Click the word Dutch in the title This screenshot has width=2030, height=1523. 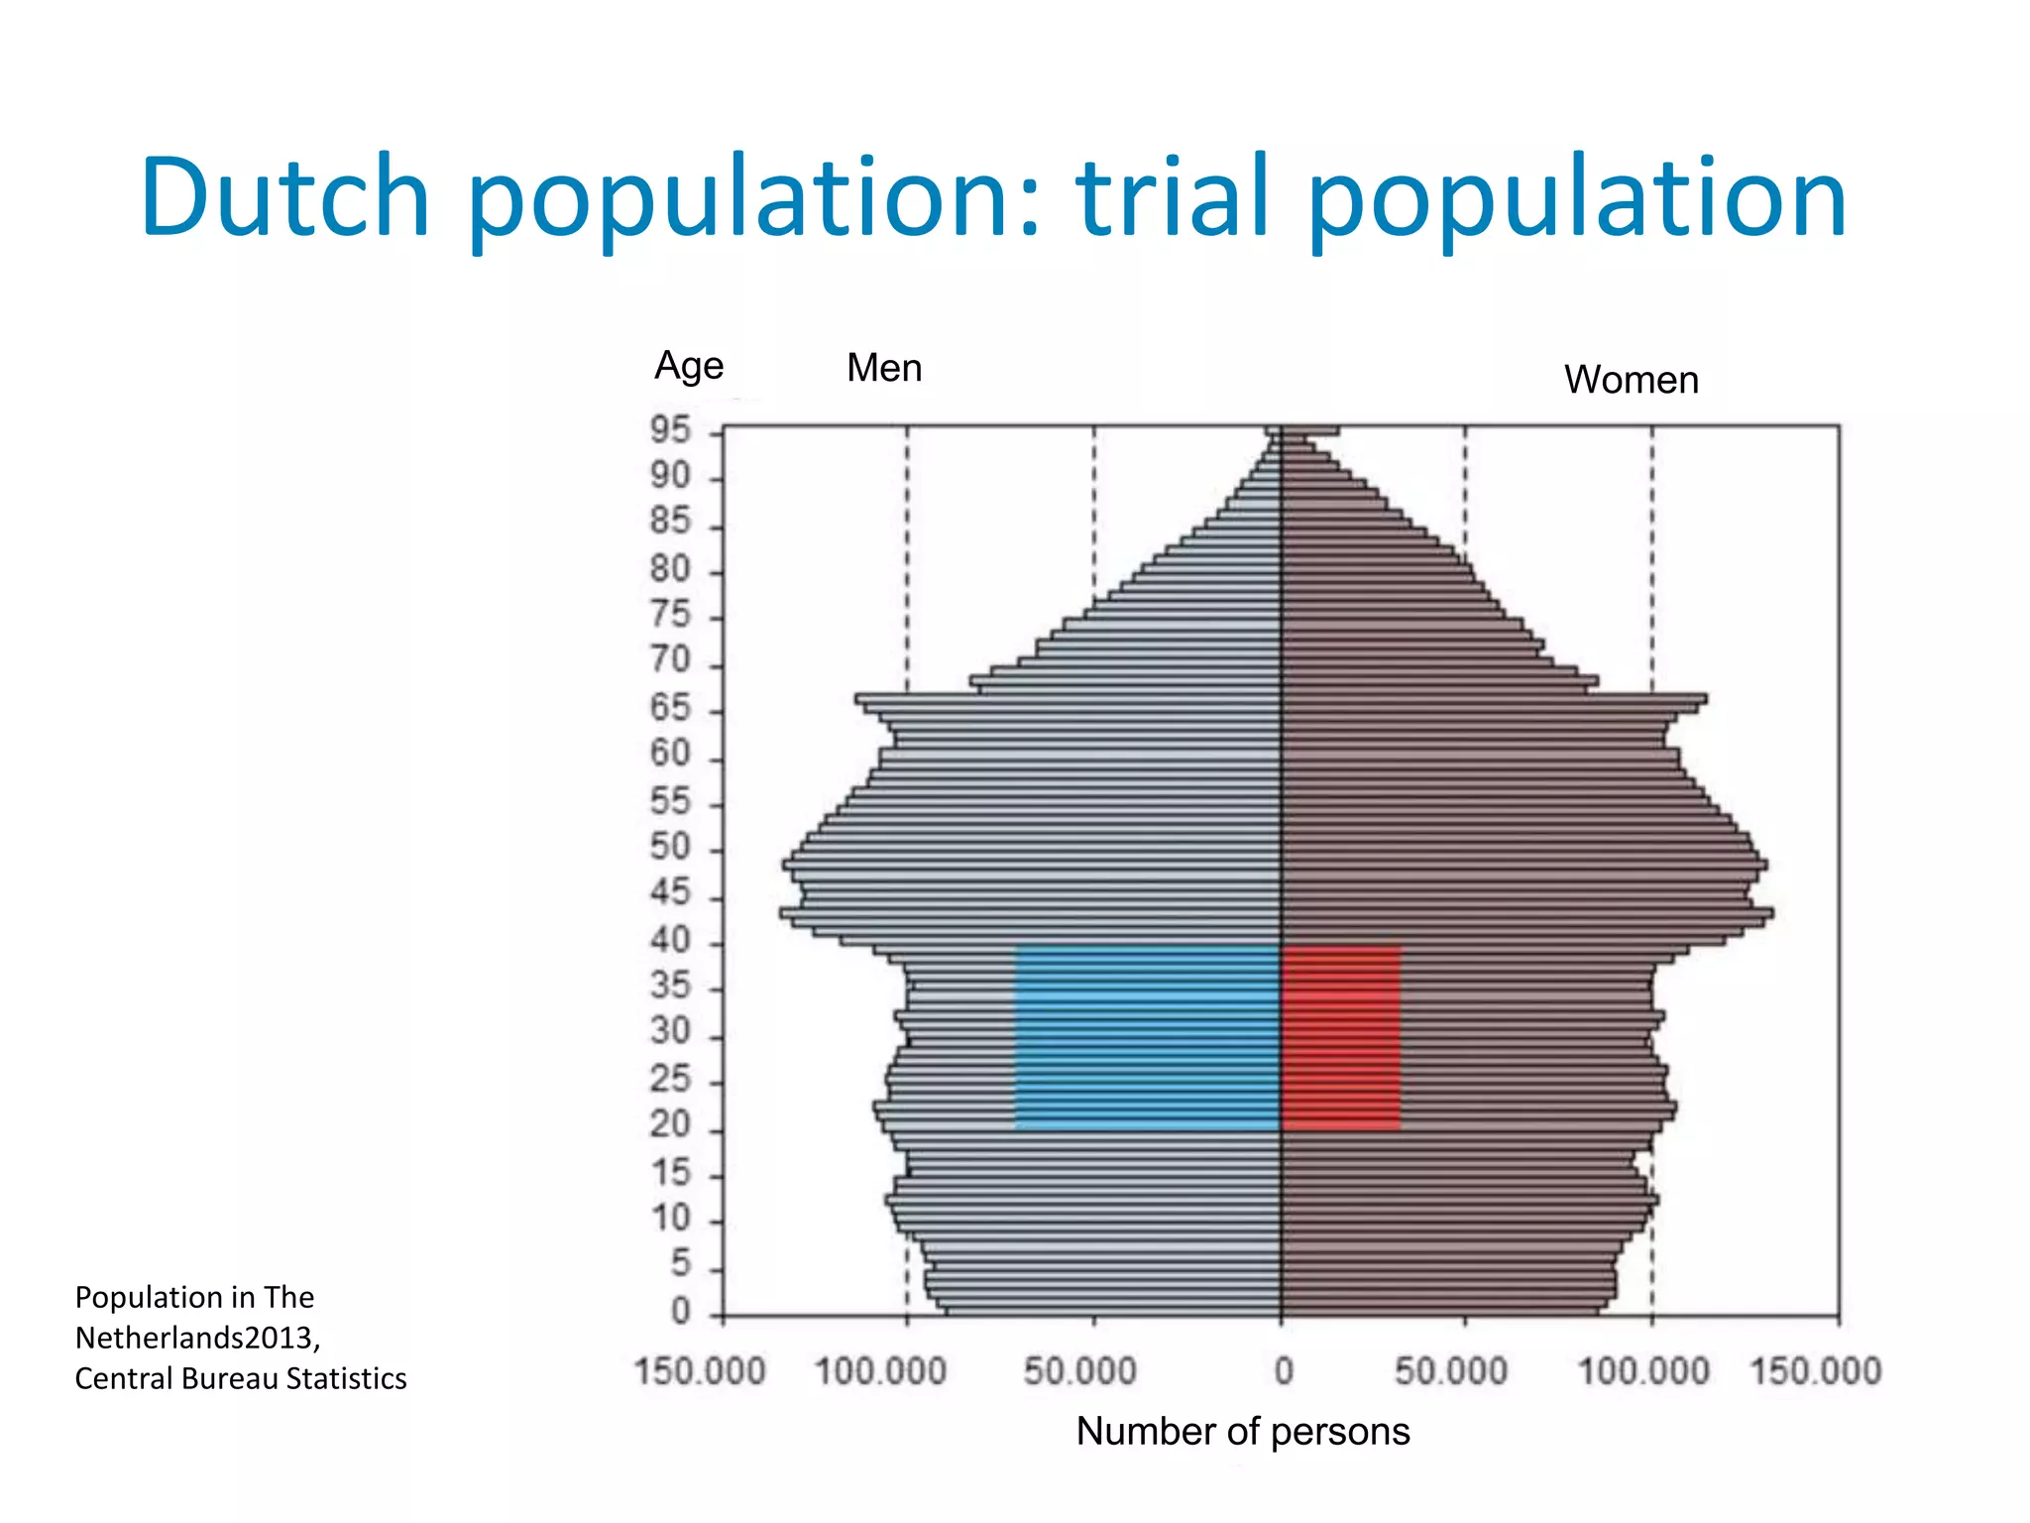(285, 198)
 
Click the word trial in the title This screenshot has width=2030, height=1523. (1174, 198)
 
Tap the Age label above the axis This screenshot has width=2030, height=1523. (689, 367)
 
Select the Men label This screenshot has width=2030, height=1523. (884, 369)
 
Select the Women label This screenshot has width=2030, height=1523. (1632, 381)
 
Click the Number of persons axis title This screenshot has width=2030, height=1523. (1243, 1432)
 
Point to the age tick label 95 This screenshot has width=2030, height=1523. (670, 431)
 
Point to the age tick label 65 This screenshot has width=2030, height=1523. (670, 709)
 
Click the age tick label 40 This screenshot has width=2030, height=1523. (670, 940)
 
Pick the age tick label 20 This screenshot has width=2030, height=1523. (670, 1125)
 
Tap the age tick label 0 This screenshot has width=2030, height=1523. (680, 1312)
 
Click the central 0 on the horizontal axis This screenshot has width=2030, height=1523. (1284, 1372)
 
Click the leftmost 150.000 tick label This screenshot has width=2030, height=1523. (700, 1372)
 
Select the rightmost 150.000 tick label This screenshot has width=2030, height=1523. (1815, 1372)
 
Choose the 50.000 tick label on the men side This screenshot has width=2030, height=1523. (1079, 1372)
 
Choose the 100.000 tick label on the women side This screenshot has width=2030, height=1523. (1643, 1372)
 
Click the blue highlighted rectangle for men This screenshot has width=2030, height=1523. (1147, 1038)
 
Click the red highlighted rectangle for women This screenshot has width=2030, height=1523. (1341, 1038)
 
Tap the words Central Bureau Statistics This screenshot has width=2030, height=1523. (241, 1379)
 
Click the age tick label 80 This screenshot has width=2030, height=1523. (670, 570)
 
